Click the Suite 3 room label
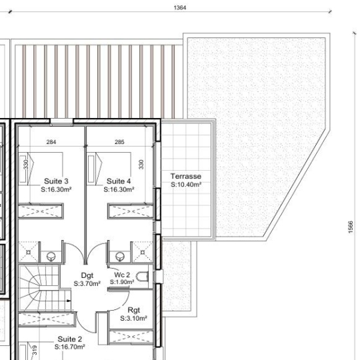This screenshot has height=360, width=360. click(x=56, y=181)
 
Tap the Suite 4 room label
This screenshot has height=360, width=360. click(x=119, y=181)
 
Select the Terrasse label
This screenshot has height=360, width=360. click(x=186, y=176)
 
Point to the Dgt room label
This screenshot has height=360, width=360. click(x=87, y=275)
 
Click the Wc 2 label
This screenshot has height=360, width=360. click(x=122, y=275)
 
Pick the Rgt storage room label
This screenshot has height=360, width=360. click(x=133, y=310)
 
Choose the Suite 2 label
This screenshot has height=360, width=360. click(x=69, y=339)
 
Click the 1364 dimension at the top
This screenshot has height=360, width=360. click(x=180, y=7)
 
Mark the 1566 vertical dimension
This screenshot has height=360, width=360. click(x=351, y=227)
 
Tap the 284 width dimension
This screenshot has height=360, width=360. click(x=51, y=142)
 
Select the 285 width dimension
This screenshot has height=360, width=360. click(x=119, y=142)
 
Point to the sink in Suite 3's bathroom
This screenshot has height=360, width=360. click(x=51, y=256)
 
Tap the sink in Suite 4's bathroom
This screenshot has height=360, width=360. click(x=119, y=256)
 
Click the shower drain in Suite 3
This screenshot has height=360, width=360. click(x=28, y=252)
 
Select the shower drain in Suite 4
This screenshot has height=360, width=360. click(x=143, y=252)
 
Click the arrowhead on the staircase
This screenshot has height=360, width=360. click(x=69, y=301)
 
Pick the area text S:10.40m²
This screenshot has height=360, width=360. click(x=186, y=185)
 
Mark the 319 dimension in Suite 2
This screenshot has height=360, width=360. click(x=35, y=350)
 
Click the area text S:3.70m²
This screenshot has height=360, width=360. click(x=87, y=283)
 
